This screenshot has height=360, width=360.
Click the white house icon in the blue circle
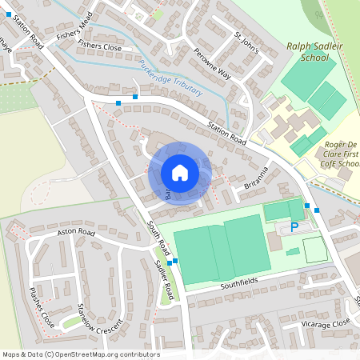click(x=180, y=173)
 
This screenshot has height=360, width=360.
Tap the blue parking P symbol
click(x=294, y=227)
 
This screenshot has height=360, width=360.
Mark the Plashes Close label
click(x=42, y=307)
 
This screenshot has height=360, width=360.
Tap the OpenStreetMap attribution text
click(x=80, y=354)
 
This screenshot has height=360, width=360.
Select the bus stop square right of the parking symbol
click(x=318, y=210)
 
